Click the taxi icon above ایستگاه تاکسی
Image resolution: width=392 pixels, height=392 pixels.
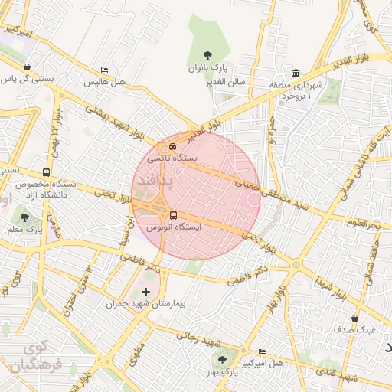tap(173, 145)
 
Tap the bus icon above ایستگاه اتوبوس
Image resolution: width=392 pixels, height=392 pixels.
tap(173, 215)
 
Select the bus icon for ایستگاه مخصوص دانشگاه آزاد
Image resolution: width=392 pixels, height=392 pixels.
tap(47, 173)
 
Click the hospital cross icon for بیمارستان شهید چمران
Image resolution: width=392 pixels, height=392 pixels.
tap(146, 292)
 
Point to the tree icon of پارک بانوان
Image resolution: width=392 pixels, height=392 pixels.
tap(207, 55)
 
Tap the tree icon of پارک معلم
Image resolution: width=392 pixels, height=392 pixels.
tap(24, 217)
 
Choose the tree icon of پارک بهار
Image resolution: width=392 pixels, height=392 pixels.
tap(222, 359)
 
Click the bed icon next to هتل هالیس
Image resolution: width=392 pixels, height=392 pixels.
tap(104, 70)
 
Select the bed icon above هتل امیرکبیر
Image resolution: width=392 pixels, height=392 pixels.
tap(263, 351)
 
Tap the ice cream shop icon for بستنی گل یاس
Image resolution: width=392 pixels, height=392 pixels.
tap(28, 67)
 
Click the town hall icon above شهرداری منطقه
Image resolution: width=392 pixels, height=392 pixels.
tap(296, 73)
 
